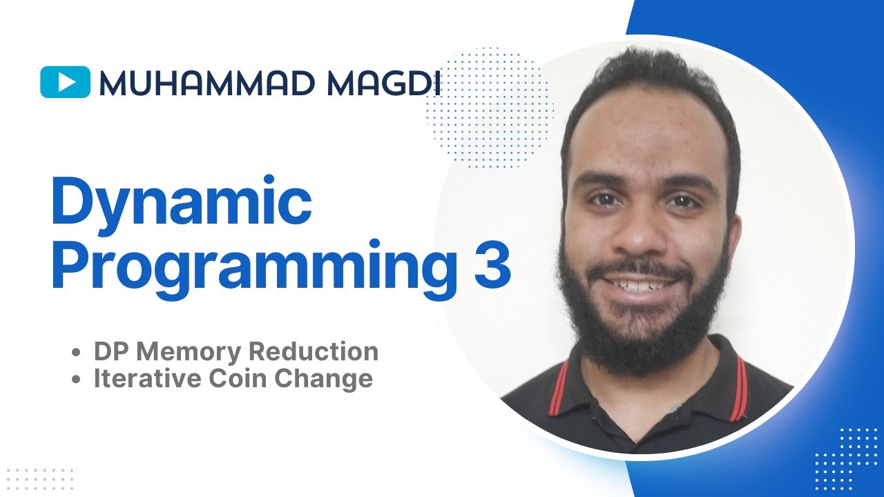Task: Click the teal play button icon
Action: [66, 82]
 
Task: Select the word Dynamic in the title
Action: [182, 201]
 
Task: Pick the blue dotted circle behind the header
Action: [490, 104]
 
